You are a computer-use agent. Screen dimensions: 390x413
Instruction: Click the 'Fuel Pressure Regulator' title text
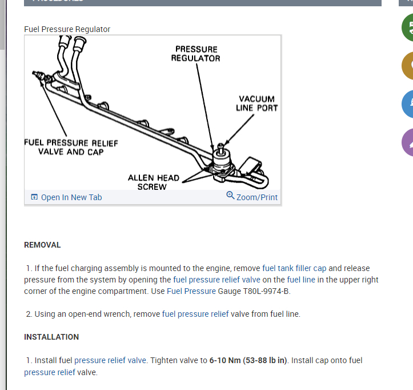pyautogui.click(x=67, y=29)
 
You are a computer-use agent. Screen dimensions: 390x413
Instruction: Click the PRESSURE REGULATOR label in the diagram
pyautogui.click(x=195, y=54)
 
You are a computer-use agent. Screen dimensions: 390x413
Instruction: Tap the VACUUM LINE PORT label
pyautogui.click(x=256, y=103)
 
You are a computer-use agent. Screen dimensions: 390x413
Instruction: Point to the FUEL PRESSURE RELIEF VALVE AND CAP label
pyautogui.click(x=71, y=147)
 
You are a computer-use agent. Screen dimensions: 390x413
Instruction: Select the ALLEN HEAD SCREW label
pyautogui.click(x=153, y=182)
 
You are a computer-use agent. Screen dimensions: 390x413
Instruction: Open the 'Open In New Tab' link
pyautogui.click(x=71, y=197)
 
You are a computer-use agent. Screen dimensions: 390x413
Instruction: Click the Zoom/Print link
pyautogui.click(x=256, y=197)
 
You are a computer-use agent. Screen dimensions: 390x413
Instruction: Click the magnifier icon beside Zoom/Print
pyautogui.click(x=230, y=196)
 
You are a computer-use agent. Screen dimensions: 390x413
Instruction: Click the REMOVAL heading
pyautogui.click(x=42, y=245)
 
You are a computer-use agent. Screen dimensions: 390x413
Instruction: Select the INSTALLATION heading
pyautogui.click(x=51, y=337)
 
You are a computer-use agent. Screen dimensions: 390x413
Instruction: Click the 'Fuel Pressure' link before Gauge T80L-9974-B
pyautogui.click(x=191, y=291)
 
